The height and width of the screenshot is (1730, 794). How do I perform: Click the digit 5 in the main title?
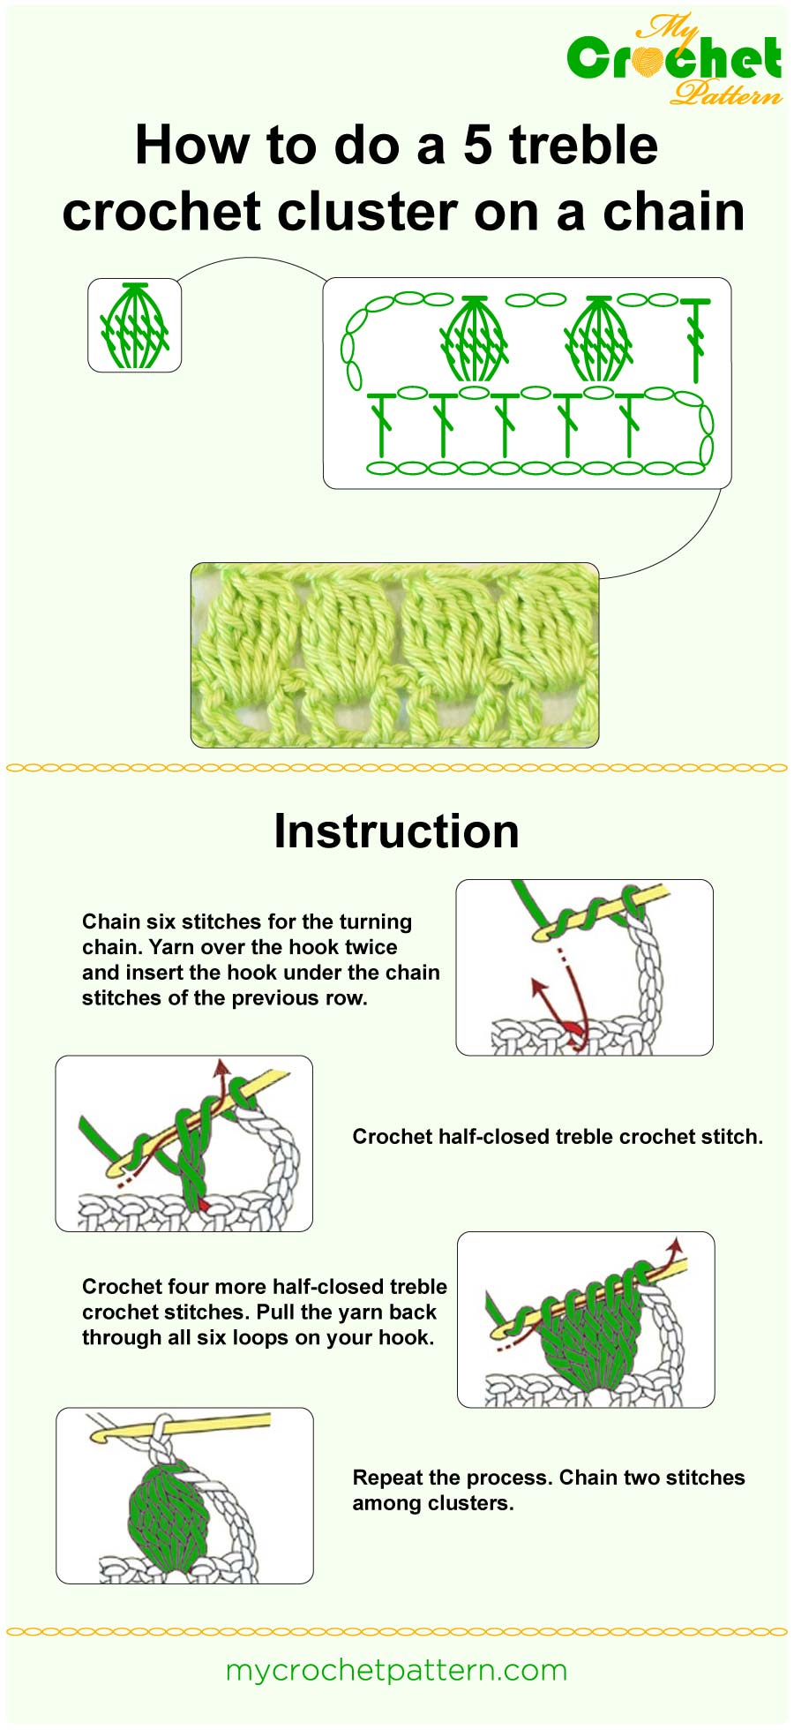[x=477, y=146]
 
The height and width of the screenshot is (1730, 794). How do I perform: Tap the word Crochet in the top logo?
[x=674, y=58]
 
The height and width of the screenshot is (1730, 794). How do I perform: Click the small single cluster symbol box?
[x=134, y=325]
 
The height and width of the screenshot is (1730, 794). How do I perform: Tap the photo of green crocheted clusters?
[x=394, y=655]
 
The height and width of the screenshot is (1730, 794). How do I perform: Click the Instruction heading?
[x=396, y=831]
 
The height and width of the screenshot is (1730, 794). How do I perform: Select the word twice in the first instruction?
[x=371, y=947]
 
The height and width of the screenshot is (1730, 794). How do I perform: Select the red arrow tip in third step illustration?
[x=677, y=1245]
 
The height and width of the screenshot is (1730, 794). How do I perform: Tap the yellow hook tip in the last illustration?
[x=100, y=1435]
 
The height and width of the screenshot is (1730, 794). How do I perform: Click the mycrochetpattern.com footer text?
[x=396, y=1670]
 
